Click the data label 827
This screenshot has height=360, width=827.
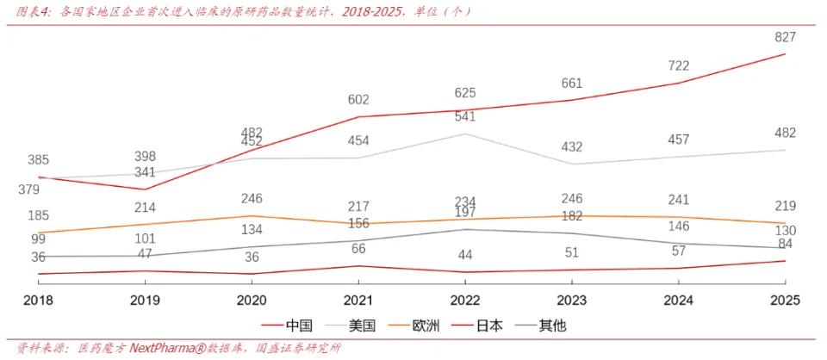785,37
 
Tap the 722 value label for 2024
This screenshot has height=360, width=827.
678,65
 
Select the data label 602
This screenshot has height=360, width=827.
358,100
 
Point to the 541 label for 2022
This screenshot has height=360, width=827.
465,116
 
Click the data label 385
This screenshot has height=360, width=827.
38,160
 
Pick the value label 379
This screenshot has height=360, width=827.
28,189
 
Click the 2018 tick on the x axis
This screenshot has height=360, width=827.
38,301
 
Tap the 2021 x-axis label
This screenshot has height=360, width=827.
358,301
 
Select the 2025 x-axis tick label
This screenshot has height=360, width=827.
785,301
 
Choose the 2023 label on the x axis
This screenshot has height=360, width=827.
571,301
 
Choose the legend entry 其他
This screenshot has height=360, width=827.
552,326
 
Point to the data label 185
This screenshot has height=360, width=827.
38,215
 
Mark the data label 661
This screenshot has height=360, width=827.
571,84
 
